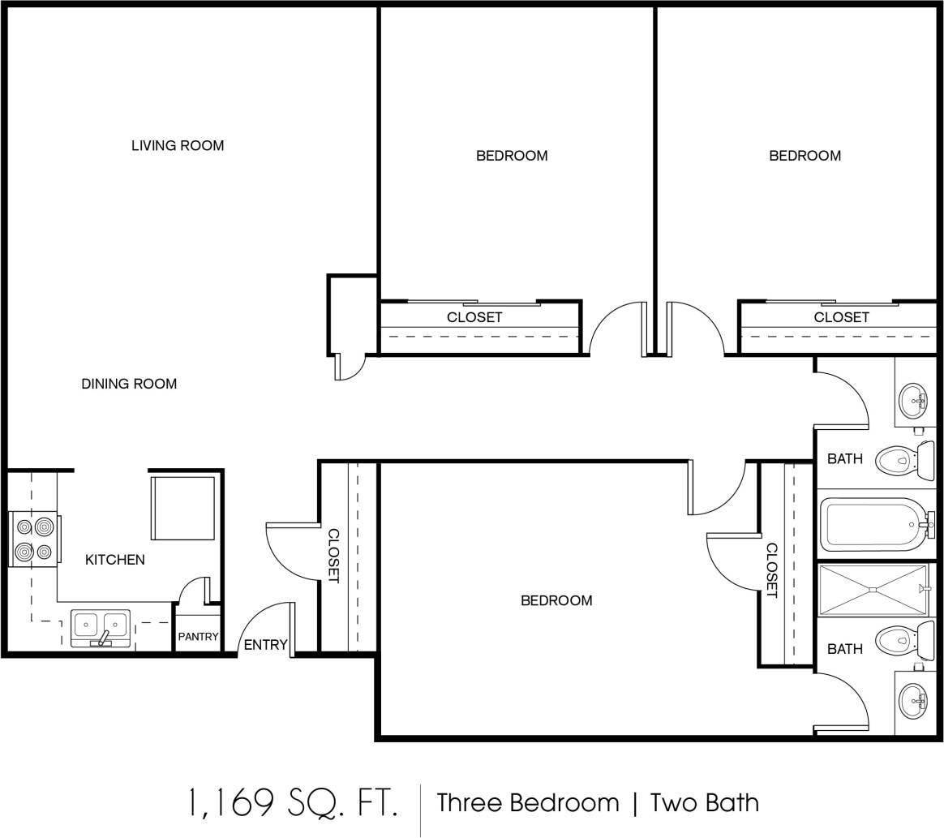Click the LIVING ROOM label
click(x=178, y=146)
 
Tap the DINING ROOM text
click(x=129, y=384)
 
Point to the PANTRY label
click(x=198, y=637)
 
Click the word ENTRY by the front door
click(x=265, y=645)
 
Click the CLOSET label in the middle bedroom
click(x=474, y=317)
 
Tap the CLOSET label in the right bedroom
click(x=841, y=317)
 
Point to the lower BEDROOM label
click(x=556, y=600)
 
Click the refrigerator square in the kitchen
click(x=183, y=508)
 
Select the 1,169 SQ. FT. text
click(x=293, y=803)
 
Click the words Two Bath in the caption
click(x=705, y=803)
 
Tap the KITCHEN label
click(x=115, y=560)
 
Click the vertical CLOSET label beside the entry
click(x=333, y=556)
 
